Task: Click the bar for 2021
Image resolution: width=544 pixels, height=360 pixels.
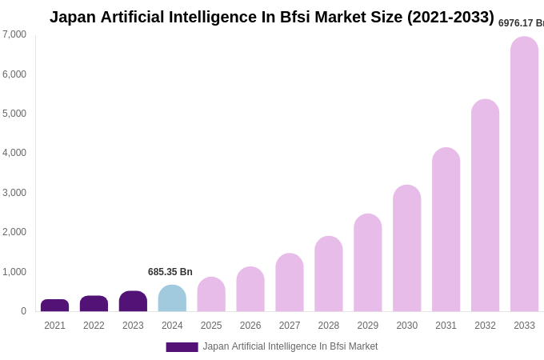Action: click(54, 306)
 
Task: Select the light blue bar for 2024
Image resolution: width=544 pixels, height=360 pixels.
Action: click(172, 298)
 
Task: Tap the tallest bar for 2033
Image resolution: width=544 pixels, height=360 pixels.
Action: click(524, 174)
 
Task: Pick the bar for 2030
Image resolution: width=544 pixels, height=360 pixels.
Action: click(406, 248)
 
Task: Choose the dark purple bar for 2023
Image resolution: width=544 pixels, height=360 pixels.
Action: click(133, 302)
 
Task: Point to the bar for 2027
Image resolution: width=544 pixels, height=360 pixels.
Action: click(290, 282)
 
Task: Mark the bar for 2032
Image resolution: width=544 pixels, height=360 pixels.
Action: click(485, 206)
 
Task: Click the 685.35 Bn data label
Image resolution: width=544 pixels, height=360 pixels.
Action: click(170, 272)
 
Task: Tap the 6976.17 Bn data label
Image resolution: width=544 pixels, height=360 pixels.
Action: click(521, 23)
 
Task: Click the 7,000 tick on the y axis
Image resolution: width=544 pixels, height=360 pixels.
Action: click(14, 34)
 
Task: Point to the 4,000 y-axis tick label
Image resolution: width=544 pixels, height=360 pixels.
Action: click(14, 153)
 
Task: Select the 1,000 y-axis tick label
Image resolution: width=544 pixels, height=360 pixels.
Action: click(14, 272)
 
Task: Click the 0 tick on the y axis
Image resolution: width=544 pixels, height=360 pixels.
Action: click(23, 311)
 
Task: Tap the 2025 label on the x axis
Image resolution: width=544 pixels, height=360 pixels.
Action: click(211, 326)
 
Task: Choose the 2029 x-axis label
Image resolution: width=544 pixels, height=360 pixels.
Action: click(368, 326)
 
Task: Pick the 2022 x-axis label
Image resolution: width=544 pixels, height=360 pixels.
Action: click(94, 326)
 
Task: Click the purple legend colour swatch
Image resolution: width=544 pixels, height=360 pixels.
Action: click(182, 347)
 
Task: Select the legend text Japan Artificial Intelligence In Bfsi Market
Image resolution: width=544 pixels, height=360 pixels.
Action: click(290, 346)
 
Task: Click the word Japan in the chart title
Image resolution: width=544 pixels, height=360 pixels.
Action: click(73, 17)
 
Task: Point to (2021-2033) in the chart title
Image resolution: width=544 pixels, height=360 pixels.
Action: click(450, 17)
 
